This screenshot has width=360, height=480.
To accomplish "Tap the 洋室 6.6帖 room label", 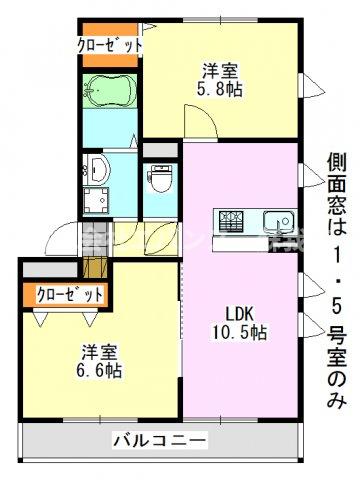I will pos(101,361).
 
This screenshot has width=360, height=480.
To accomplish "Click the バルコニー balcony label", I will pos(159,439).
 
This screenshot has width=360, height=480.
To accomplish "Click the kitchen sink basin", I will pos(275,219).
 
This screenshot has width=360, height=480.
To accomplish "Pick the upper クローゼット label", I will pos(110,45).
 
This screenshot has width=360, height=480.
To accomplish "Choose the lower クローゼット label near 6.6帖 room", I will pos(70,294).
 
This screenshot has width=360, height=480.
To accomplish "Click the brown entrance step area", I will pos(96,269).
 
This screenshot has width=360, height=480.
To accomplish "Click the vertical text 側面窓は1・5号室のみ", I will pos(336,280).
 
